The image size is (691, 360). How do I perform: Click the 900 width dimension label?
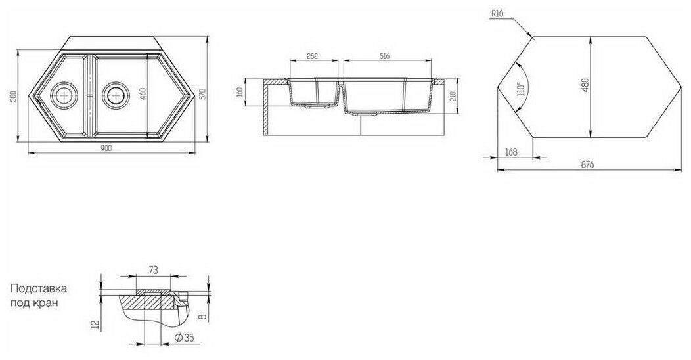pyautogui.click(x=106, y=148)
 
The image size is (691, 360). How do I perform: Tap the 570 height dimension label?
pyautogui.click(x=203, y=94)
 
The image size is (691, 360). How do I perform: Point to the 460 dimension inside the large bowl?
pyautogui.click(x=143, y=94)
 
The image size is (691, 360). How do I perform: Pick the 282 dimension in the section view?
pyautogui.click(x=312, y=56)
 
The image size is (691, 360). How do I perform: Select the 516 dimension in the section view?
pyautogui.click(x=384, y=56)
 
